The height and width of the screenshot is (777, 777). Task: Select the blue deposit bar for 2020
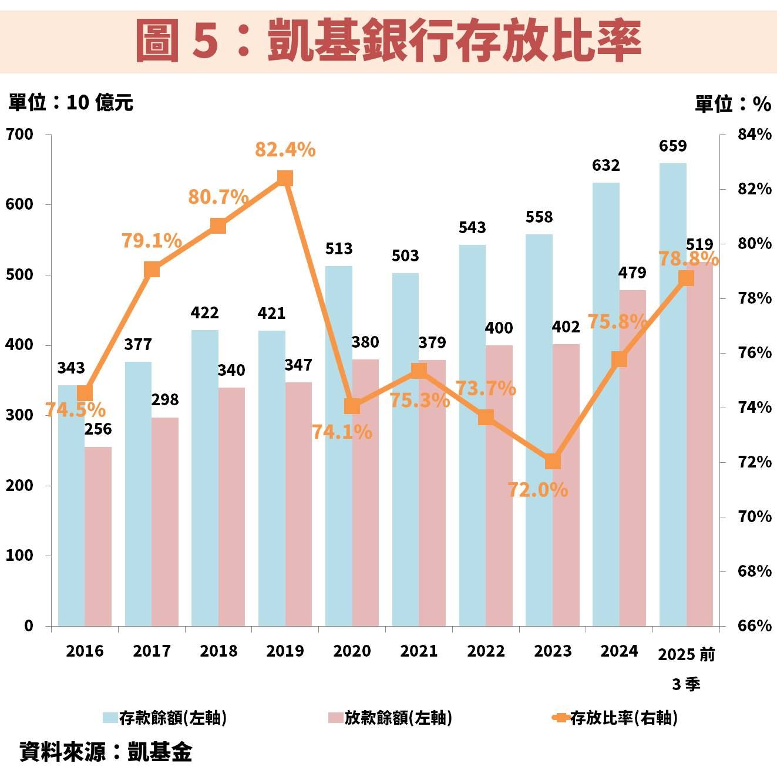coord(339,446)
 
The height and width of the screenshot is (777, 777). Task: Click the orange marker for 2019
coord(285,179)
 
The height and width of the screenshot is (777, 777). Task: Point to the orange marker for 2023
coord(553,462)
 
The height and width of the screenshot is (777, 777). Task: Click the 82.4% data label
coord(285,150)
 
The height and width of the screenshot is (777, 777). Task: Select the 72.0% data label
coord(537,490)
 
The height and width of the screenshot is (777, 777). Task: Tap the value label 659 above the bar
coord(672,146)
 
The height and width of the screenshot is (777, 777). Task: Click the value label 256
coord(98,429)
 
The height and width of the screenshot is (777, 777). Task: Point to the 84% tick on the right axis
coord(754,134)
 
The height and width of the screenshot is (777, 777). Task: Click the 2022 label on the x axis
coord(486,651)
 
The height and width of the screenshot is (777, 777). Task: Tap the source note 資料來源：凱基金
coord(106,752)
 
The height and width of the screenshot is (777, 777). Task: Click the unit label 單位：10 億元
coord(70,103)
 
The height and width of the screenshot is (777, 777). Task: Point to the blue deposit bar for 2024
coord(606,405)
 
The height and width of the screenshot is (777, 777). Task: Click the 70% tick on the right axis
coord(754,517)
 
